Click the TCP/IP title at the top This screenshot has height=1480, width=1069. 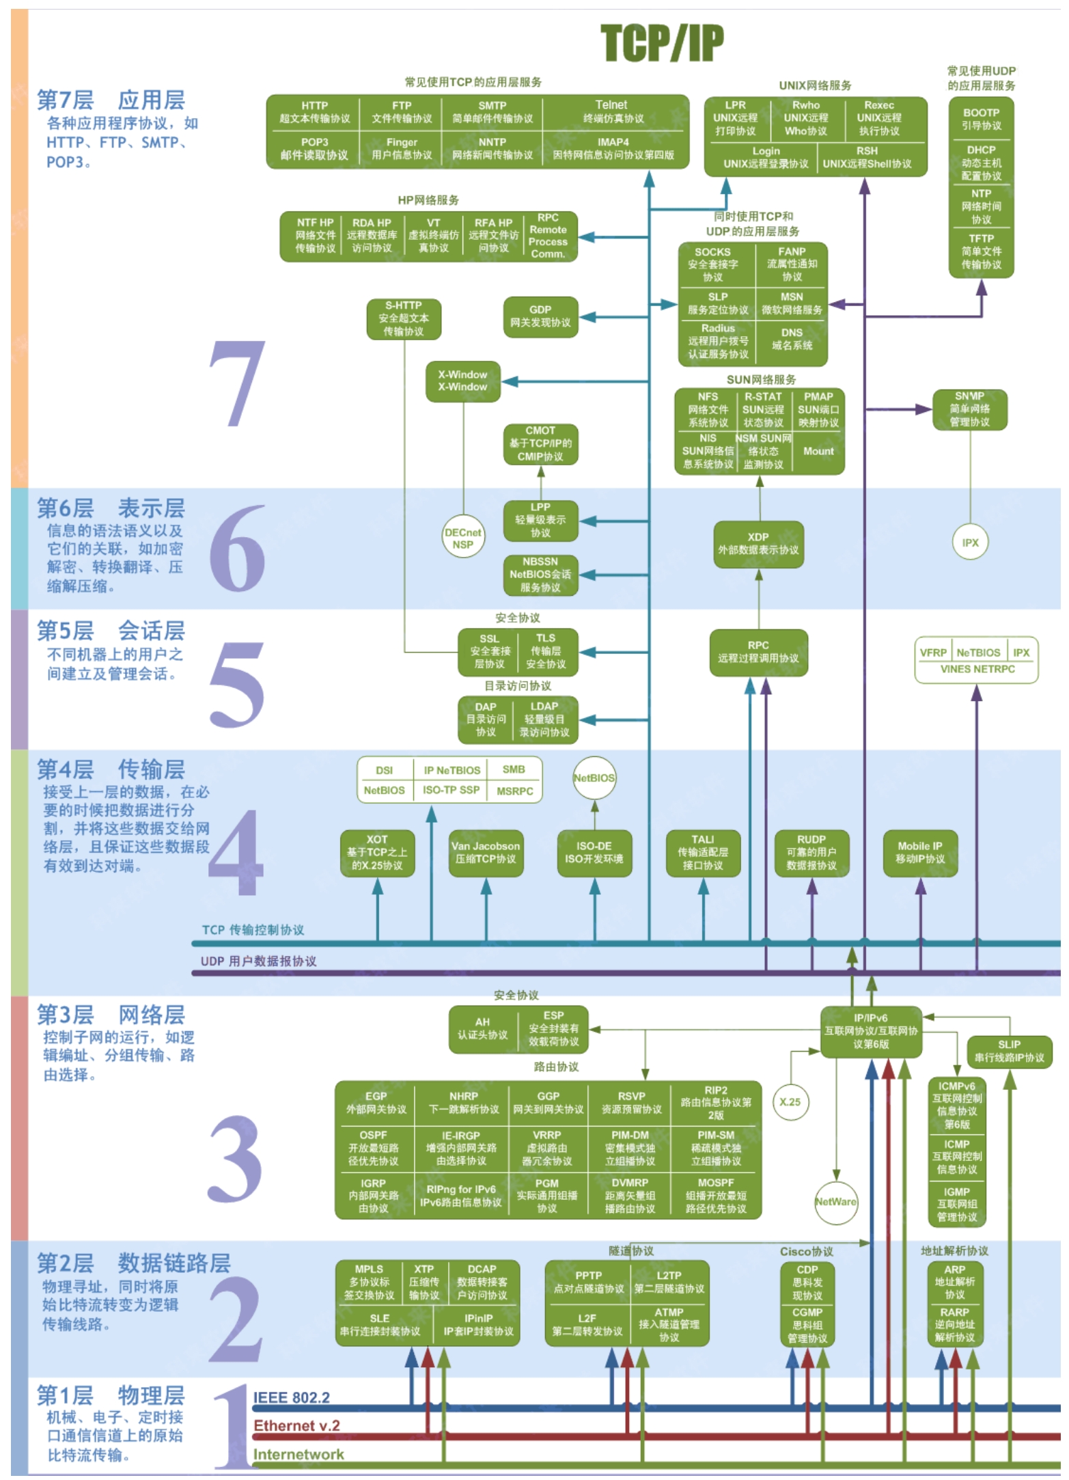661,43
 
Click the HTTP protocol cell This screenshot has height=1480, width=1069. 314,112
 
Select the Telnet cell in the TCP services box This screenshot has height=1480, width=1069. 612,111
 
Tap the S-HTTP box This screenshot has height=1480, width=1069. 403,318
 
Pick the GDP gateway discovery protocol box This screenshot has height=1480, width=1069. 540,316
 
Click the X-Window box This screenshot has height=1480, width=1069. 462,381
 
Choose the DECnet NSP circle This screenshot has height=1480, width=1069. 462,538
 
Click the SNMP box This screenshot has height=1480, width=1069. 969,409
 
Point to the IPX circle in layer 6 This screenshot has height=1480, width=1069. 970,543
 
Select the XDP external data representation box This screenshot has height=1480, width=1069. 758,544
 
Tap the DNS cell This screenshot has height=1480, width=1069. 792,339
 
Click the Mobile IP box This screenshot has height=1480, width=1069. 919,852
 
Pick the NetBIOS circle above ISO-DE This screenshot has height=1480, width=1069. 594,778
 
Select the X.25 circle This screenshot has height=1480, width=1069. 790,1101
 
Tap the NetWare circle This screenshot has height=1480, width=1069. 835,1202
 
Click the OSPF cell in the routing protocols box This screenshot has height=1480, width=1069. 374,1148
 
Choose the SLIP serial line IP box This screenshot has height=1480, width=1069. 1009,1051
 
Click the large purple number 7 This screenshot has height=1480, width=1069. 236,384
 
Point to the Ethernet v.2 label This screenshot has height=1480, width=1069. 296,1425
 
